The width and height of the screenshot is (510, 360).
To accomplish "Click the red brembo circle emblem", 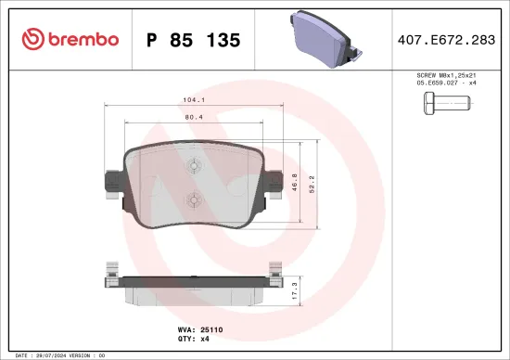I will pyautogui.click(x=32, y=39).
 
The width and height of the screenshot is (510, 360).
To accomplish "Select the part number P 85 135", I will pyautogui.click(x=194, y=40).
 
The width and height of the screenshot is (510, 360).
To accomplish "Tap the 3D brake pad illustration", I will pyautogui.click(x=324, y=37).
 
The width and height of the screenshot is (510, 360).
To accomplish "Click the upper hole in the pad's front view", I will pyautogui.click(x=192, y=167).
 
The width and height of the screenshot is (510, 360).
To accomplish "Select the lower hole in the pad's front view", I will pyautogui.click(x=192, y=198).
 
